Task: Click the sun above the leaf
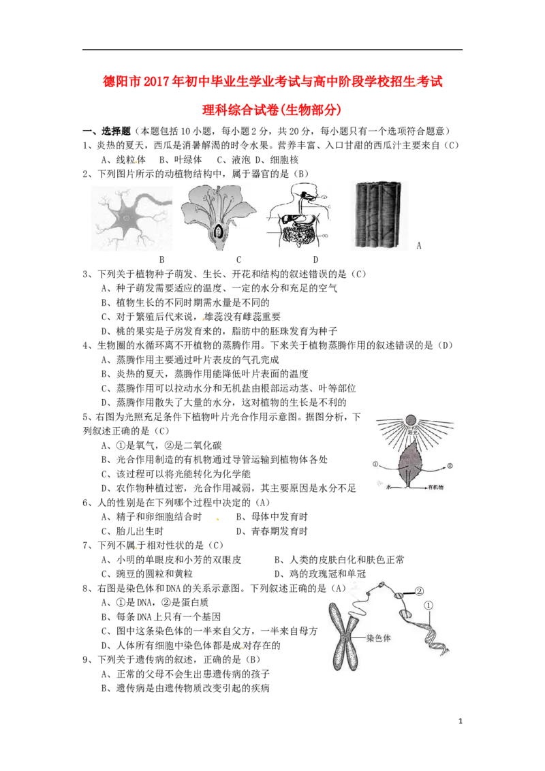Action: pos(411,420)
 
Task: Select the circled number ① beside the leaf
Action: pos(375,465)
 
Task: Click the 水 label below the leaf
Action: pos(389,488)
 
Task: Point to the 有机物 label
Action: pos(435,488)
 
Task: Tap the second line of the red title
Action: pos(272,110)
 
